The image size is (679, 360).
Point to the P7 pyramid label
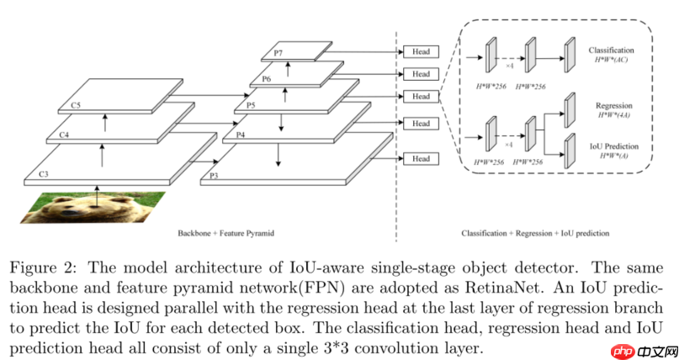(278, 54)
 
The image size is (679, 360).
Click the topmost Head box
(421, 52)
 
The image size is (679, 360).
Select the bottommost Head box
(421, 158)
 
